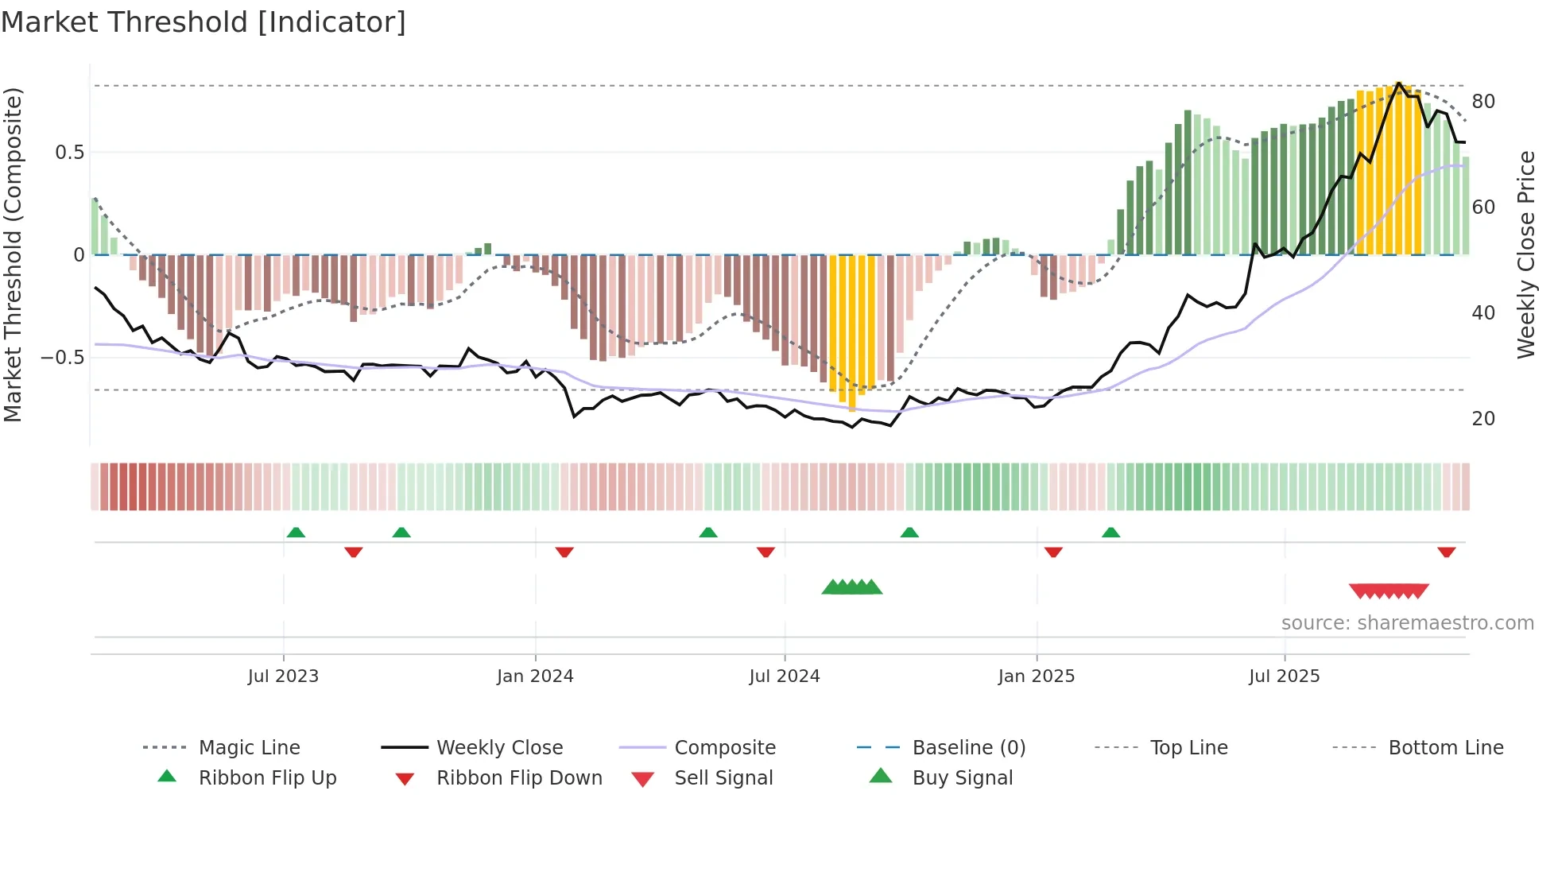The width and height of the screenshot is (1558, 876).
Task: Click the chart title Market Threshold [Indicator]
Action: point(203,22)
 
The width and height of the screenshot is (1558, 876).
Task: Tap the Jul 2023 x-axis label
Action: point(283,676)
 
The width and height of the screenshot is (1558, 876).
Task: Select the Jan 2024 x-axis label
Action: point(535,676)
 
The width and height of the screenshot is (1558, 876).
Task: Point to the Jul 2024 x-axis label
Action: point(785,676)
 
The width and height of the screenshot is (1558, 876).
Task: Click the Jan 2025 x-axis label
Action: point(1037,676)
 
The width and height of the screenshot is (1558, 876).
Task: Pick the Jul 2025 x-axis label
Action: point(1285,676)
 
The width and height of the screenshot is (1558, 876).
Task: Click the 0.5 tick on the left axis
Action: point(69,153)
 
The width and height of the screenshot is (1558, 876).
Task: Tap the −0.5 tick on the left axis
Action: point(63,358)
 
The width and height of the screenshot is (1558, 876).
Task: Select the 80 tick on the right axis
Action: point(1483,102)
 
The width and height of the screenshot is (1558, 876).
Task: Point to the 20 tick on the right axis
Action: point(1483,419)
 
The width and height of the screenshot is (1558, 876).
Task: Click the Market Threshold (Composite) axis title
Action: point(13,254)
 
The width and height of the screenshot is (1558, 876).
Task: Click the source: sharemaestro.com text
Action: point(1407,623)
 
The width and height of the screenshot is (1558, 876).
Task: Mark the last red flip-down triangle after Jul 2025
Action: point(1447,552)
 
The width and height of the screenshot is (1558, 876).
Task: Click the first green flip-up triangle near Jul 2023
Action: point(296,532)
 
